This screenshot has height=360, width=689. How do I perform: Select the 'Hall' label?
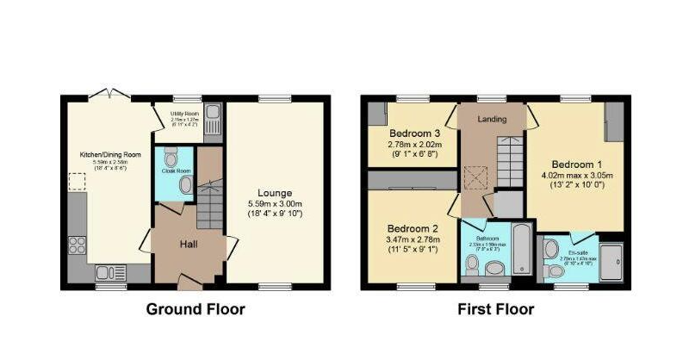189,245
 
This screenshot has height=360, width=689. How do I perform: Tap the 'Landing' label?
492,119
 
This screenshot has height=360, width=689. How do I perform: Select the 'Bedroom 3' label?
414,134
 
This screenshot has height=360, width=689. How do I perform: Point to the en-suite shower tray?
612,260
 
